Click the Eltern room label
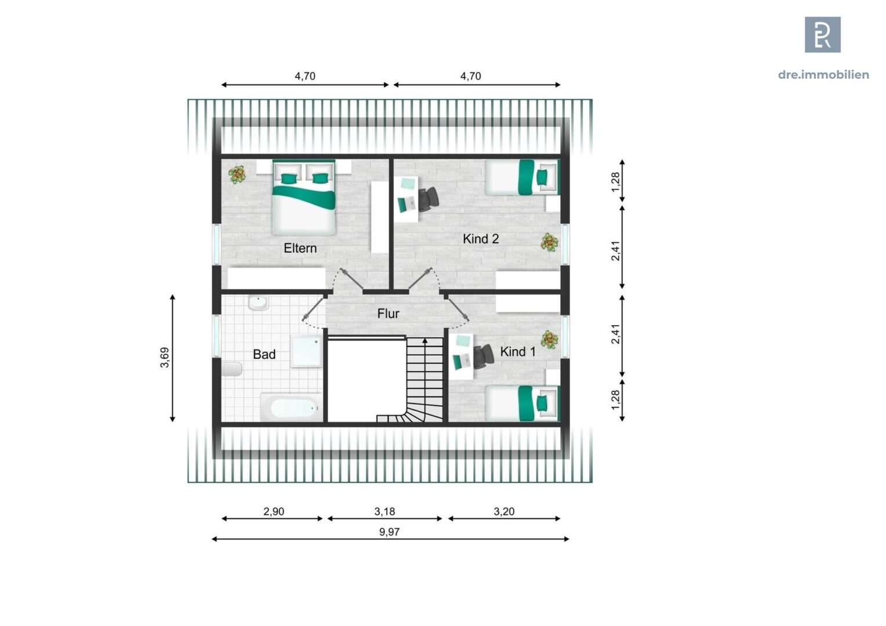pos(300,248)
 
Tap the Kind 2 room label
pos(480,239)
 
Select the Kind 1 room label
pos(517,352)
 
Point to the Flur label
pos(388,314)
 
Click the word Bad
pos(264,354)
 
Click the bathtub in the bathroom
pos(291,408)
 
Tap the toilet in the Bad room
pos(232,369)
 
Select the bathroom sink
pos(257,303)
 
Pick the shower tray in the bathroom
pos(306,352)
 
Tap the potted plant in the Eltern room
pos(237,174)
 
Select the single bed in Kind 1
pos(522,403)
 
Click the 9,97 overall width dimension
pos(389,532)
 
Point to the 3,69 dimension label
pos(165,357)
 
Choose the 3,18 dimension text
pos(384,511)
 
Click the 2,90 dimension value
pos(274,511)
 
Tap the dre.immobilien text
pos(823,74)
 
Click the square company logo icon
pos(822,35)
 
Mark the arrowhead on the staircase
pos(425,341)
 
